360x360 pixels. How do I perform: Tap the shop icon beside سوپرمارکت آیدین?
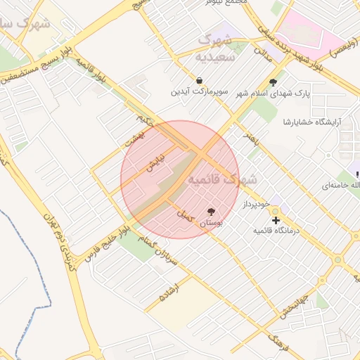tap(200, 80)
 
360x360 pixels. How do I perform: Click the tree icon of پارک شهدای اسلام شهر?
tap(273, 82)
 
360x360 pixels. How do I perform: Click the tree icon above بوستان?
tap(211, 211)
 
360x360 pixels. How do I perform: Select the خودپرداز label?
tap(257, 204)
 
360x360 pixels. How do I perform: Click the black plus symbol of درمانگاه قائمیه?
tap(276, 219)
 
